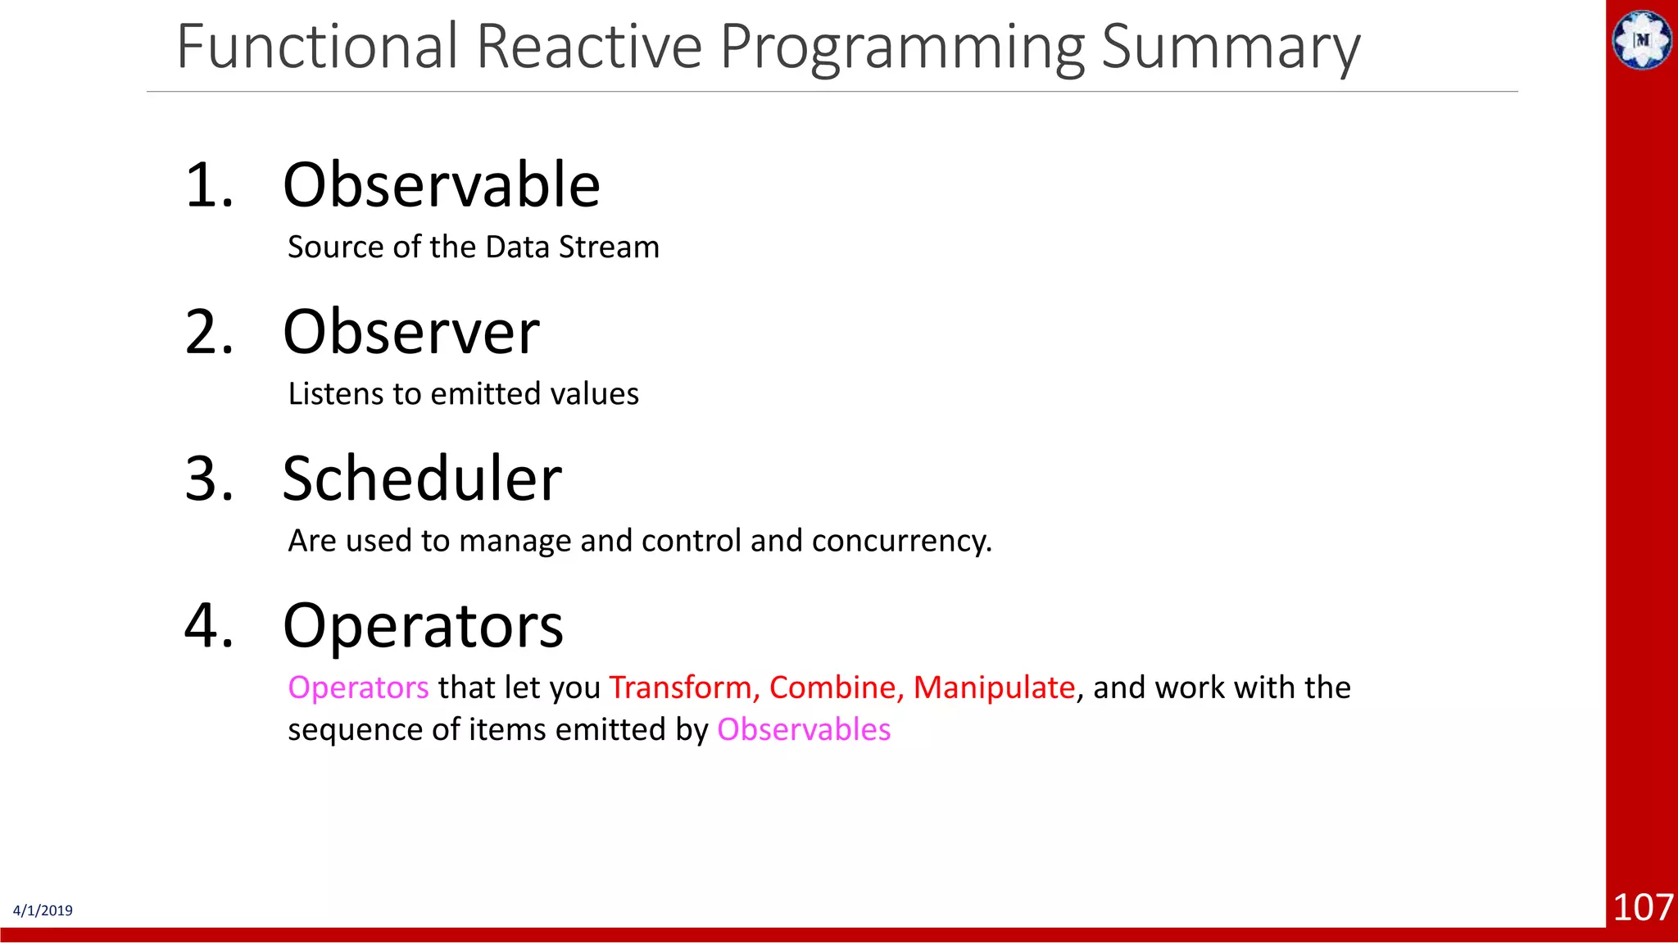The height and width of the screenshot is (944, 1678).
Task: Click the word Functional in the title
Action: pyautogui.click(x=316, y=47)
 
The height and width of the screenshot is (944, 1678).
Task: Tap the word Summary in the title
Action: pyautogui.click(x=1230, y=48)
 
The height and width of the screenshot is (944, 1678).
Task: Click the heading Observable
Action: pyautogui.click(x=441, y=185)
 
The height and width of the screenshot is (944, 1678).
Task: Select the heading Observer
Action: pyautogui.click(x=410, y=333)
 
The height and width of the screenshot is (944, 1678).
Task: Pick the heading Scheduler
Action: pyautogui.click(x=422, y=479)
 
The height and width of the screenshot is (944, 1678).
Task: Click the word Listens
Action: pyautogui.click(x=334, y=394)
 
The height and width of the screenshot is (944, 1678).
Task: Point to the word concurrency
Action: pyautogui.click(x=901, y=542)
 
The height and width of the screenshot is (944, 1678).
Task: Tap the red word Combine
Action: pyautogui.click(x=836, y=688)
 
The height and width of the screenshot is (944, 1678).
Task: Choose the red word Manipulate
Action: pyautogui.click(x=993, y=688)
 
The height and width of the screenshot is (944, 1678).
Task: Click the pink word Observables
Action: pyautogui.click(x=803, y=730)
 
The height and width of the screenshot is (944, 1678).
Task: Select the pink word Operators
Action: pyautogui.click(x=358, y=688)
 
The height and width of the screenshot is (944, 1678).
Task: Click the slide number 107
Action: pyautogui.click(x=1642, y=908)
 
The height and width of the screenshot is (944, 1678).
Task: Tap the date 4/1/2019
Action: pyautogui.click(x=43, y=910)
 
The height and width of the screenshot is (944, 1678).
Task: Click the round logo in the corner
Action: pyautogui.click(x=1642, y=39)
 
